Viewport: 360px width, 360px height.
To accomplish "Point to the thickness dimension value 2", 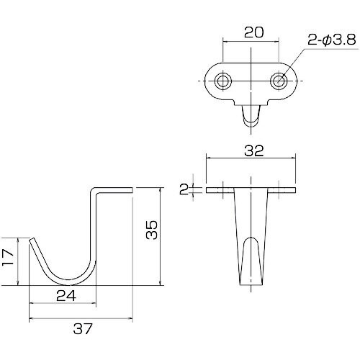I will coord(184,189).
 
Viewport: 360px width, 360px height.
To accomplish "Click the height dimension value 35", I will coord(150,230).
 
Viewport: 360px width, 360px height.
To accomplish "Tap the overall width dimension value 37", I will coord(83,329).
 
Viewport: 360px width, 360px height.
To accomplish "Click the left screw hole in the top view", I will coord(224,81).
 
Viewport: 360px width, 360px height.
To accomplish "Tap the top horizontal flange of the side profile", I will coord(114,189).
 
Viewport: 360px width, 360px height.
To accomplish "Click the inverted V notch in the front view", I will coord(250,248).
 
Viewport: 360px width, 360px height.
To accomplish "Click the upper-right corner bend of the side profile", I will coord(94,190).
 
